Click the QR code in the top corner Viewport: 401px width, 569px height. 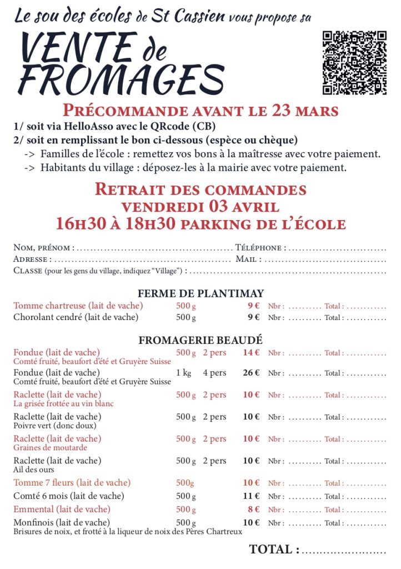[x=354, y=63]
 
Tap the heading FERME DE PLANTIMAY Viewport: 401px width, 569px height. [x=200, y=293]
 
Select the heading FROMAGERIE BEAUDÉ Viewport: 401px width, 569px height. [x=200, y=340]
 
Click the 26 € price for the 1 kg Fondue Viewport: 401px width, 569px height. [x=251, y=373]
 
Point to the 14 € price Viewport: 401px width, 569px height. [x=251, y=352]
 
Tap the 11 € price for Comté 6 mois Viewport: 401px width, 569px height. [x=252, y=496]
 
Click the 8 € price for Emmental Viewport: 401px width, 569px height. [x=254, y=509]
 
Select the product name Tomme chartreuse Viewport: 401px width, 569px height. [x=50, y=306]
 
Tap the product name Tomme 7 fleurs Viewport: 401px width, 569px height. [x=44, y=482]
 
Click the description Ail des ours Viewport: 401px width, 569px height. [x=29, y=470]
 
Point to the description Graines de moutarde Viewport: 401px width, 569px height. [x=50, y=448]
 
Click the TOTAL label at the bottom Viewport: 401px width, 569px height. [x=274, y=550]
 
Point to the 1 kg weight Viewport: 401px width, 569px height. [x=184, y=373]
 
